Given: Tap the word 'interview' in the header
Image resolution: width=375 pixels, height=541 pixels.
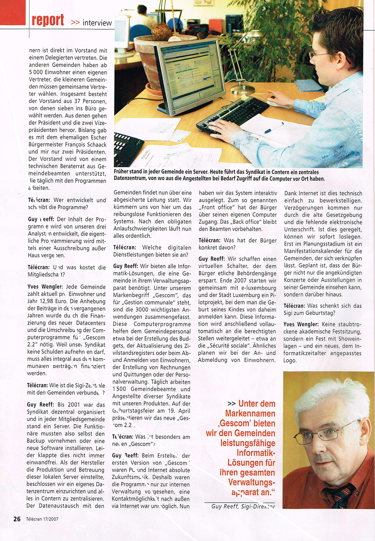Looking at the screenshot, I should pyautogui.click(x=97, y=23).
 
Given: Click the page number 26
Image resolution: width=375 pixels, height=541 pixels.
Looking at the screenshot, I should pyautogui.click(x=17, y=519).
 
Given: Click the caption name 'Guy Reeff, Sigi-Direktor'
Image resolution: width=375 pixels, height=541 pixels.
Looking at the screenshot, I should pyautogui.click(x=243, y=506).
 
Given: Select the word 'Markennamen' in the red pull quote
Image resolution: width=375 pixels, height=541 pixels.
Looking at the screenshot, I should pyautogui.click(x=250, y=413).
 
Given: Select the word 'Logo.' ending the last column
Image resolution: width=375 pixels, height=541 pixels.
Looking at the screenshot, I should pyautogui.click(x=290, y=361).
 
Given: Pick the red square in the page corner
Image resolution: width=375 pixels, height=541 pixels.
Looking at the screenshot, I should pyautogui.click(x=13, y=13).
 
